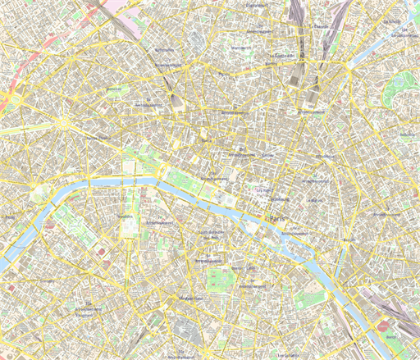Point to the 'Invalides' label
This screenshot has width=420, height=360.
[126, 216]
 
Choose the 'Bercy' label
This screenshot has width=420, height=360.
[390, 337]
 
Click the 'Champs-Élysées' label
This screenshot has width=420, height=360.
[96, 139]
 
